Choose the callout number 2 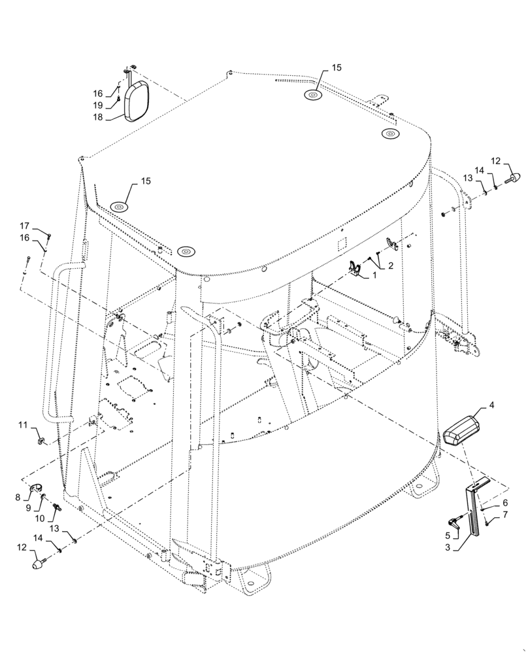[391, 266]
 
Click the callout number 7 [504, 517]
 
